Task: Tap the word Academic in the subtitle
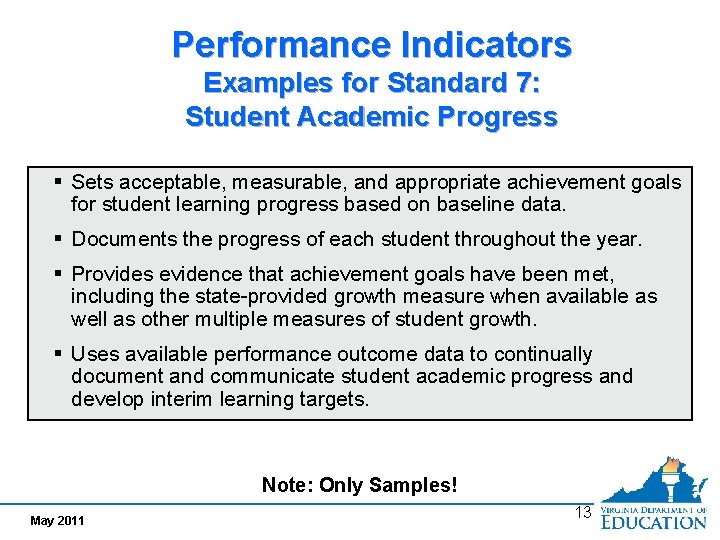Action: click(x=372, y=117)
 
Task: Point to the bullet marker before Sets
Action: click(x=59, y=182)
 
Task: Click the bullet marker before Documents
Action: click(x=59, y=240)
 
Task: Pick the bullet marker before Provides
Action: click(x=59, y=274)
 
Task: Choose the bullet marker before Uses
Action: click(x=59, y=354)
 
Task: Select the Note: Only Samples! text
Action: click(x=359, y=485)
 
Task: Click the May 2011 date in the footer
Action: click(x=57, y=520)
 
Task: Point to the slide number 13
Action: click(x=583, y=512)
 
